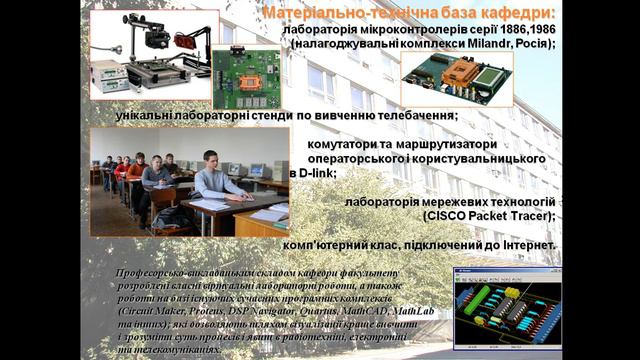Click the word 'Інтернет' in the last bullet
coord(523,244)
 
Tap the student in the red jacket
coord(136,171)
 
